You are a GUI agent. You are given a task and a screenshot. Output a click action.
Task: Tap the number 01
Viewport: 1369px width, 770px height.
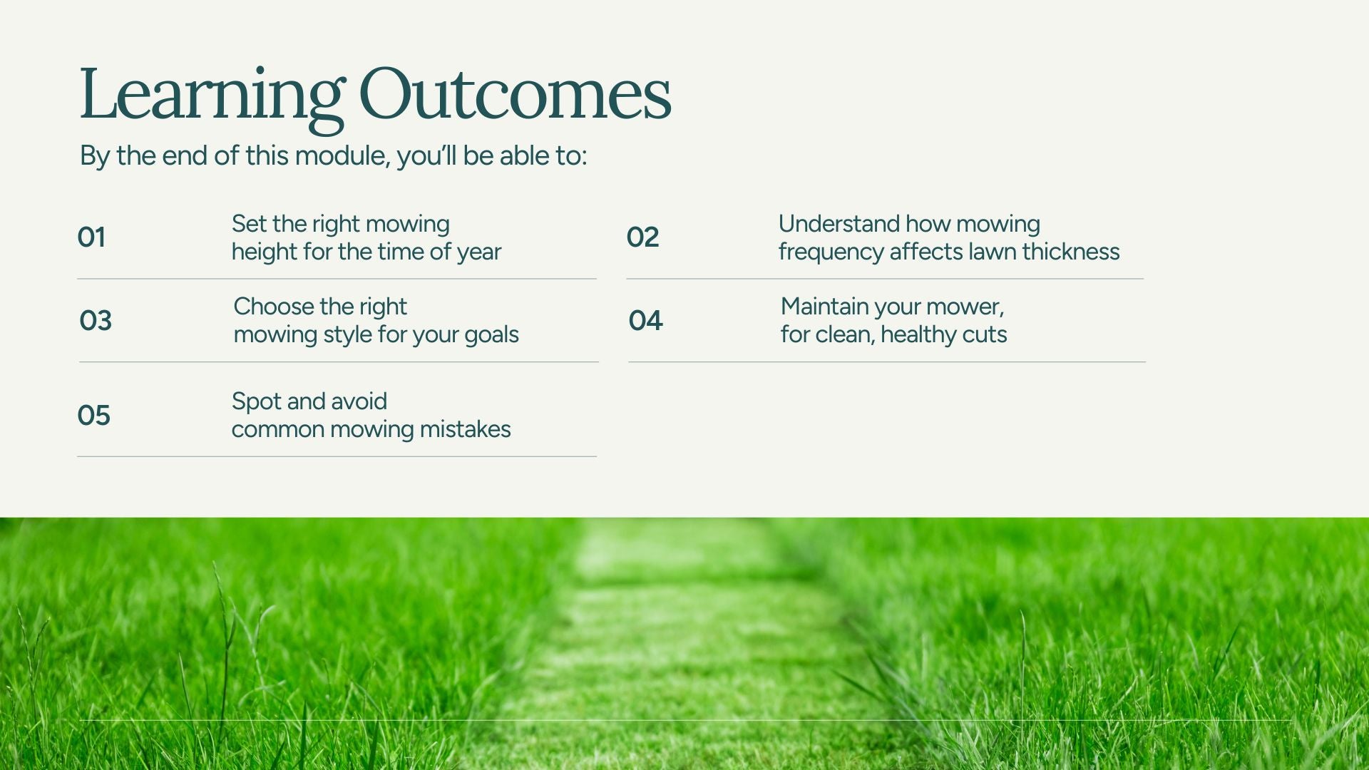click(91, 237)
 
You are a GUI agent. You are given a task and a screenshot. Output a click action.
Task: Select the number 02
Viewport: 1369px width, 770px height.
click(642, 237)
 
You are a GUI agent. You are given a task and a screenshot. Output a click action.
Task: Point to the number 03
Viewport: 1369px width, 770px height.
click(96, 320)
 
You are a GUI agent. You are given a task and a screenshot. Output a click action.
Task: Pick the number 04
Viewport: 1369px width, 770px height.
click(645, 320)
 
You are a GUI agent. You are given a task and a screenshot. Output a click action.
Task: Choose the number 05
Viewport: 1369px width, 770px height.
click(93, 415)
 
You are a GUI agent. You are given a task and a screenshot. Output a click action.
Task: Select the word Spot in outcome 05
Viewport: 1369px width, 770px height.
click(256, 402)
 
